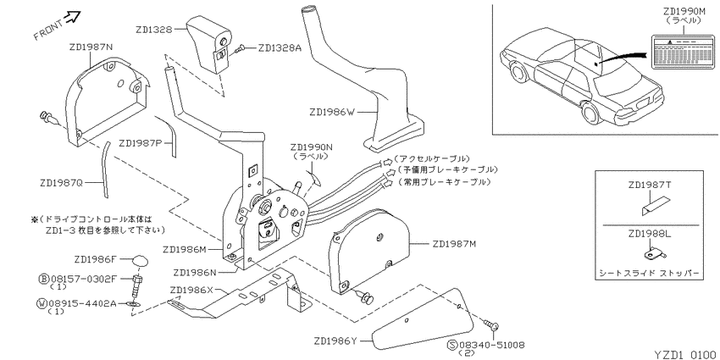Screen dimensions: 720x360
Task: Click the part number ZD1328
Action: coord(154,30)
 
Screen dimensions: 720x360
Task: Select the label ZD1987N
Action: coord(91,47)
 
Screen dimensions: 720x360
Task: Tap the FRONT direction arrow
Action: coord(73,18)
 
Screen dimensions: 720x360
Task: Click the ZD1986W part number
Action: coord(330,111)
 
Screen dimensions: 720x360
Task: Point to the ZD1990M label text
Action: coord(683,12)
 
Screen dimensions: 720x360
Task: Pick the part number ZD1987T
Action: coord(650,185)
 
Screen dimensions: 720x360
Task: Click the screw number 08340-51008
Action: coord(486,345)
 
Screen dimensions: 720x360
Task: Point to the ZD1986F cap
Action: coord(141,261)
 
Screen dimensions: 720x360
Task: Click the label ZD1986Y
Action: coord(336,341)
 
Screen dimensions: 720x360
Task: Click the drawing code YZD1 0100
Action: coord(684,354)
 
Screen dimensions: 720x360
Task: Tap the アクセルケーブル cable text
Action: coord(432,159)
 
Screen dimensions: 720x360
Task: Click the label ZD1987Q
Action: coord(61,183)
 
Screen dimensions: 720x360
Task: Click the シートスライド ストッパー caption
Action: coord(650,274)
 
